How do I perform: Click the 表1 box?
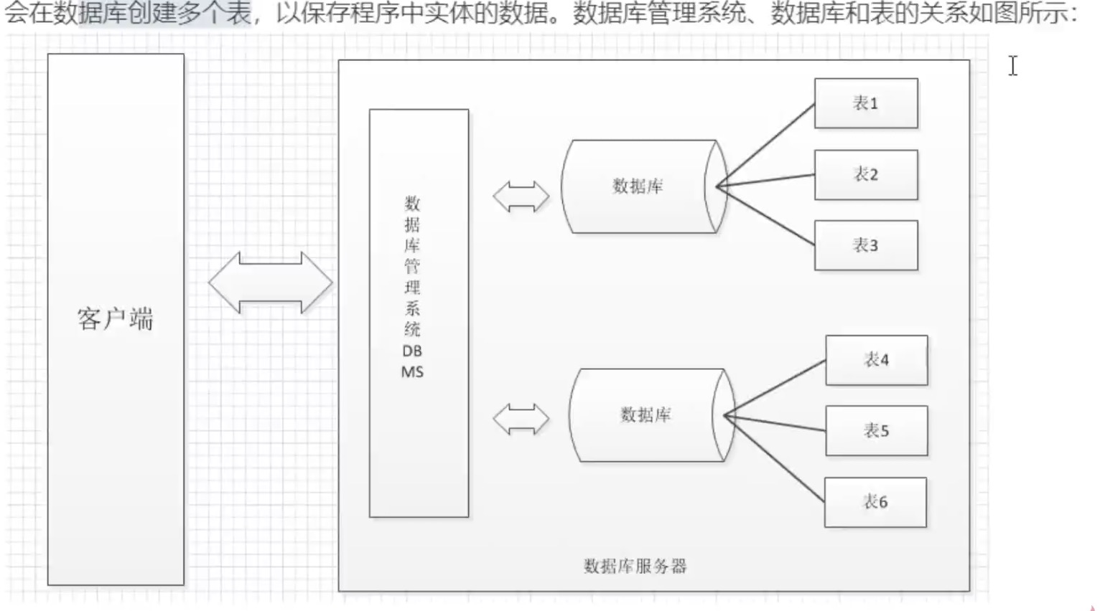click(865, 103)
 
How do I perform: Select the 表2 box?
click(865, 174)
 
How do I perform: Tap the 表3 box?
click(865, 245)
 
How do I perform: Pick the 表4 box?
click(876, 360)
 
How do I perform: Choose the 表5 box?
click(876, 431)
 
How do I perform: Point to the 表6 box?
click(875, 502)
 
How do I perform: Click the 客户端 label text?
click(116, 319)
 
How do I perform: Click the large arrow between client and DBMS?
click(271, 283)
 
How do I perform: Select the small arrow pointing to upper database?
click(521, 196)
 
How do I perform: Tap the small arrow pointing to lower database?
click(521, 419)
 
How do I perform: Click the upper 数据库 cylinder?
click(638, 186)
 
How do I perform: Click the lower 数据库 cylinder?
click(645, 415)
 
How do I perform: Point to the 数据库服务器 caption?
click(635, 567)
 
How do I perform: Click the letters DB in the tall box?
click(412, 351)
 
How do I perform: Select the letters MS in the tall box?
click(412, 372)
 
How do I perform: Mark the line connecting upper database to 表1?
click(766, 144)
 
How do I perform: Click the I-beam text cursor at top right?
click(1012, 66)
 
